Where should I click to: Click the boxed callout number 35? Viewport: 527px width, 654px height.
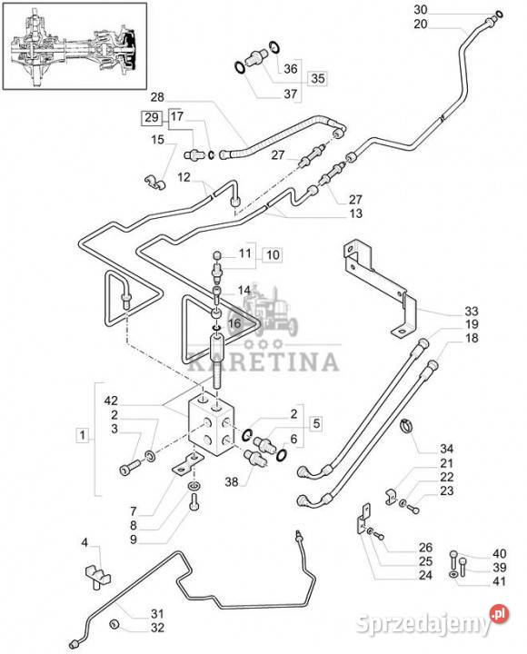317,78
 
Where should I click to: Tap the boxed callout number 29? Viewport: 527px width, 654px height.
152,117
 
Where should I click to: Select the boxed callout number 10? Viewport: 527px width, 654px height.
273,254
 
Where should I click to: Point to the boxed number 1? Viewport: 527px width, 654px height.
83,435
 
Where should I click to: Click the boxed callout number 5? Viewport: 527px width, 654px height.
316,423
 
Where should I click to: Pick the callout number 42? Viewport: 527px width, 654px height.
111,401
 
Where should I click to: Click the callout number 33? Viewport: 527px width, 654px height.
472,311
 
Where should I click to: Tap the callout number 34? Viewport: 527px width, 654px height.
446,449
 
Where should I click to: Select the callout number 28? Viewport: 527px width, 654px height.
157,97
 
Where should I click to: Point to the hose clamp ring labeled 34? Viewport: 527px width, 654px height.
408,426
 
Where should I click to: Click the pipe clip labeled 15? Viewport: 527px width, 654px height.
154,182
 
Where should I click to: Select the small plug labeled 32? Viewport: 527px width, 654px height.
114,624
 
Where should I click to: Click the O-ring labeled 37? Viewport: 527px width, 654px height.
240,67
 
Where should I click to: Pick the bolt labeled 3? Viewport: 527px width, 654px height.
131,468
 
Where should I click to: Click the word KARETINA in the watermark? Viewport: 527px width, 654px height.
263,362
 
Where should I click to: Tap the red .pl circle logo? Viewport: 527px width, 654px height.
500,614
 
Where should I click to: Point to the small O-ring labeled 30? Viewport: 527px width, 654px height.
500,15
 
